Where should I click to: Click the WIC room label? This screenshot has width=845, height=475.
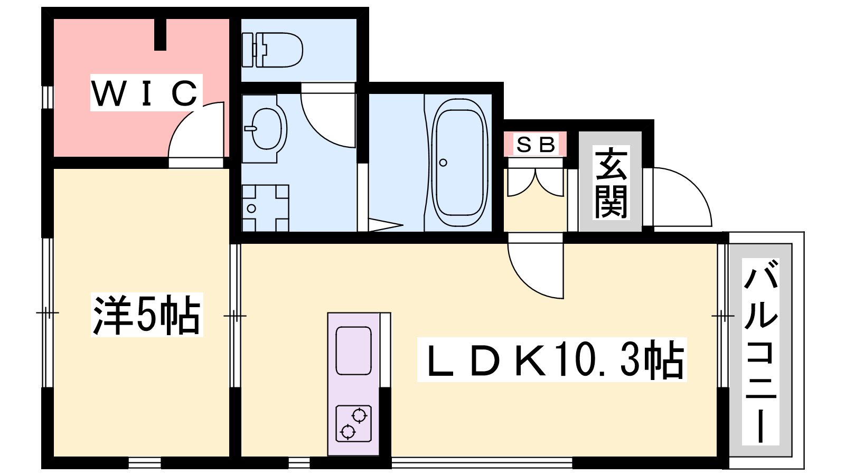[145, 93]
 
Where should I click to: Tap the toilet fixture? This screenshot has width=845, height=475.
[272, 50]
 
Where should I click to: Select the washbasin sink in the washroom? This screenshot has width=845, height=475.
[266, 129]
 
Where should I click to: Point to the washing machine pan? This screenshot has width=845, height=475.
[265, 208]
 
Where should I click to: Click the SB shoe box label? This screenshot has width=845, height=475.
[536, 144]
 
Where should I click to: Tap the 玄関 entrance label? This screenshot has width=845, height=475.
[611, 183]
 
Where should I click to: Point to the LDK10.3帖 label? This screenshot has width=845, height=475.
[551, 359]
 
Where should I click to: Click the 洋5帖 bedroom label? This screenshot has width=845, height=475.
[147, 315]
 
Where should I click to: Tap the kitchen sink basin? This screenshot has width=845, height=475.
[353, 350]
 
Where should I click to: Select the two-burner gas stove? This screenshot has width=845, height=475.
[353, 423]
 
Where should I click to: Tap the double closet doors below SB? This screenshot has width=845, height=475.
[536, 183]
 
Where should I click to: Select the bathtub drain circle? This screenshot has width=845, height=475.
[443, 163]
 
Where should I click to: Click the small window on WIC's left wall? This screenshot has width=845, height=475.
[48, 97]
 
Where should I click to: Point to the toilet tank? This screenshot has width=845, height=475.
[248, 50]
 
